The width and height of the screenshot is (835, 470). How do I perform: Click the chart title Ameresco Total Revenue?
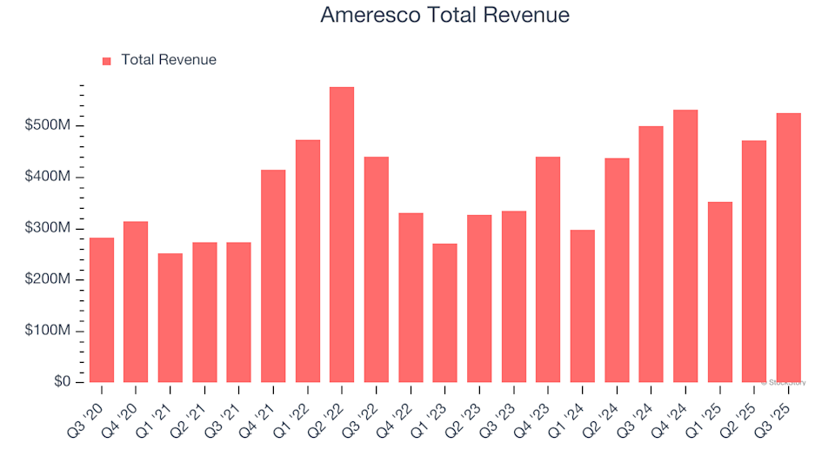444,15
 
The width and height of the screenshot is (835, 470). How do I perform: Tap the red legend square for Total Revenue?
107,61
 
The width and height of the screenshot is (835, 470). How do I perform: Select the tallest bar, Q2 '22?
342,235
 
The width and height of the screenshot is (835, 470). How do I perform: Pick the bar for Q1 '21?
170,318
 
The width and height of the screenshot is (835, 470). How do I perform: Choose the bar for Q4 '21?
273,276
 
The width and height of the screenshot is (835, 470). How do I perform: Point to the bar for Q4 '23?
548,270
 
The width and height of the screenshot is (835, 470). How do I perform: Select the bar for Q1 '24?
582,305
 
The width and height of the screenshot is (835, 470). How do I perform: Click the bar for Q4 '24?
685,246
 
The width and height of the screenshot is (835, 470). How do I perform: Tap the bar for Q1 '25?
719,292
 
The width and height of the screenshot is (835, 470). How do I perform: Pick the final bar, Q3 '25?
788,248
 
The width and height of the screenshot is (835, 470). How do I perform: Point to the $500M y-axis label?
49,126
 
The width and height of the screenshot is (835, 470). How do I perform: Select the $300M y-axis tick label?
49,229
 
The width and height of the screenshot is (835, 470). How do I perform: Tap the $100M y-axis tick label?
49,332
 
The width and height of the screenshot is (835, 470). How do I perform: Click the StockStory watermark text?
785,382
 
